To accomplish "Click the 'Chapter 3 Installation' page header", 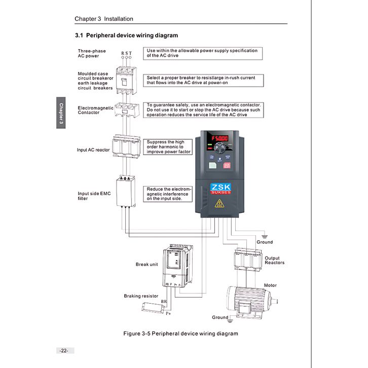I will coord(104,19).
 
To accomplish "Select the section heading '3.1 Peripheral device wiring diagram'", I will coord(126,35).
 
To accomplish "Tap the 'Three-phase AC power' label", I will coord(92,53).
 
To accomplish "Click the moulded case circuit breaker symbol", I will coord(126,79).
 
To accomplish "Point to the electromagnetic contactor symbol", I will coord(126,110).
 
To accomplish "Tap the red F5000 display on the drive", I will coord(219,138).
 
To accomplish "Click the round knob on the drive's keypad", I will coord(219,148).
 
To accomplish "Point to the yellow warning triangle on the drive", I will coord(219,204).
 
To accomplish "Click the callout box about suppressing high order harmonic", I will coord(169,147).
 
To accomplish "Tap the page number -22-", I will coord(64,351).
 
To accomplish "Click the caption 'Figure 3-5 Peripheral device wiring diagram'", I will coord(181,334).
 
